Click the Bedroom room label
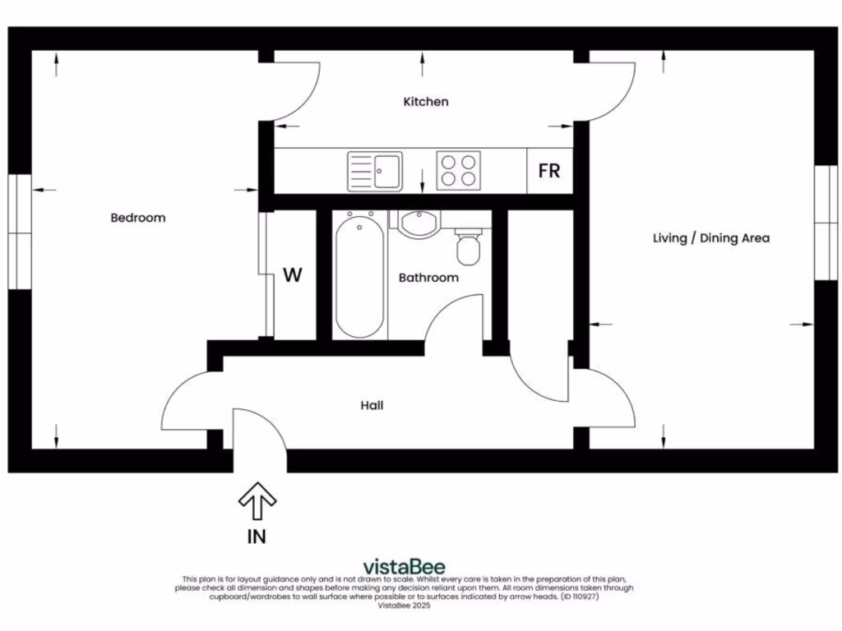[x=138, y=218]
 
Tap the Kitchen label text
[x=426, y=102]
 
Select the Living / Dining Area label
[x=711, y=238]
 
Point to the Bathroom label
[x=428, y=278]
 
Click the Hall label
[x=372, y=405]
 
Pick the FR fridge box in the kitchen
[x=549, y=171]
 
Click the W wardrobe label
[x=293, y=275]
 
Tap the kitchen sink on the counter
[x=375, y=171]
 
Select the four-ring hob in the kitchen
[x=458, y=171]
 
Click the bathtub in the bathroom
[x=359, y=275]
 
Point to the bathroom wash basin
[x=419, y=223]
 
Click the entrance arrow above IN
[x=257, y=500]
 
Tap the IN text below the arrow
[x=257, y=537]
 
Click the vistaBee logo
[x=404, y=566]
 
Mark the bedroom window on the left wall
[x=20, y=232]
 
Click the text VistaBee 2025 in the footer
[x=404, y=606]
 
